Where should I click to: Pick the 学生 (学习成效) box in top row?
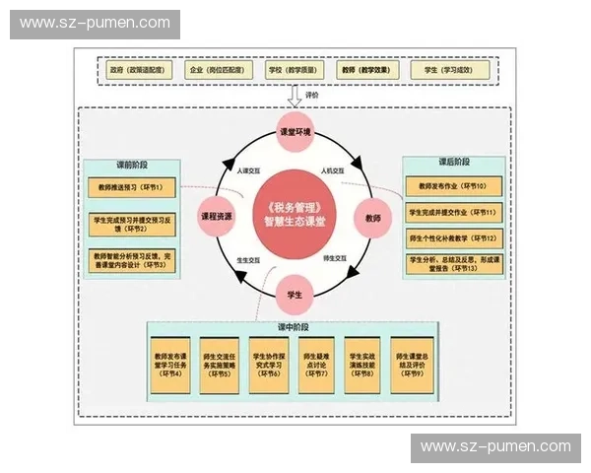point(447,71)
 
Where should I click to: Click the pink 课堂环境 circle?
point(295,132)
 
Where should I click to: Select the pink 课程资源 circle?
point(217,215)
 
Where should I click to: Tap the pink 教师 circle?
point(373,215)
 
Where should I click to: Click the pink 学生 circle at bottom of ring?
point(295,295)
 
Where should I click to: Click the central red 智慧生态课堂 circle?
point(295,214)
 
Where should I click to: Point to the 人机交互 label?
point(332,170)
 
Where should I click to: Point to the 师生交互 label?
point(333,257)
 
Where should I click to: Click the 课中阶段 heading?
point(294,326)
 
